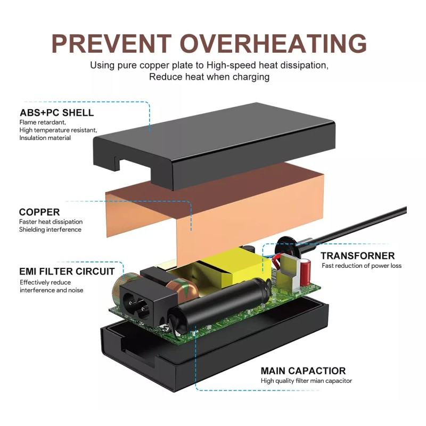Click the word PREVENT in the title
click(x=111, y=44)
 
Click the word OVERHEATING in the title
click(x=273, y=44)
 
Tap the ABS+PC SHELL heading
click(x=56, y=112)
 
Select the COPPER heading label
click(x=39, y=212)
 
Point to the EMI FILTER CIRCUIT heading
click(x=67, y=272)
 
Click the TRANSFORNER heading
click(x=357, y=256)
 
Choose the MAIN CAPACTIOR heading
click(x=303, y=371)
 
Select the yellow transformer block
click(x=231, y=269)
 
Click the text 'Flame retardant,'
click(x=43, y=122)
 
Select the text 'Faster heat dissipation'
click(x=51, y=222)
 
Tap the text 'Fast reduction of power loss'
click(x=362, y=266)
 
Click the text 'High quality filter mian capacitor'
click(x=306, y=381)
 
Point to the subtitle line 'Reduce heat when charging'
click(x=209, y=77)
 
